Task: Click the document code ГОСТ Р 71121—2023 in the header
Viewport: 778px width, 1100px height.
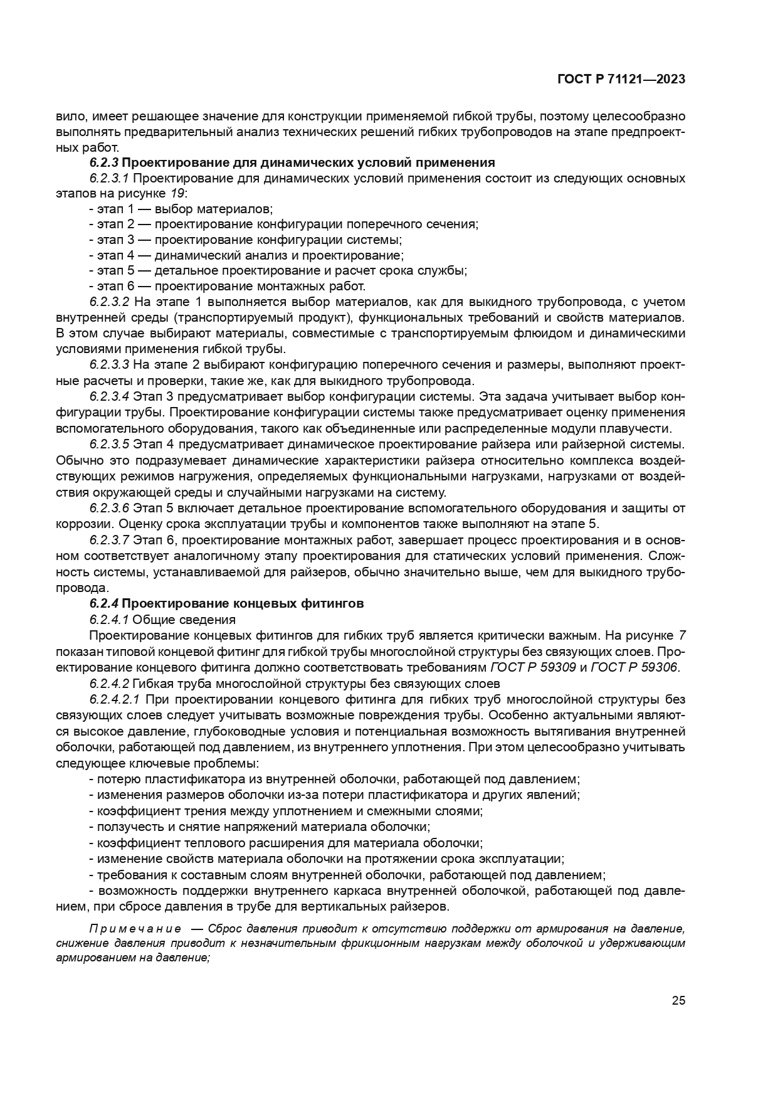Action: (x=621, y=80)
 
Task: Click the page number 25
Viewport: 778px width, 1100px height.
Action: (x=678, y=1000)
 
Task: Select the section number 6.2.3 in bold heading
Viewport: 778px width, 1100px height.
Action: (x=103, y=163)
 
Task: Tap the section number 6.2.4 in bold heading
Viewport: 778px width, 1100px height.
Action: (x=103, y=604)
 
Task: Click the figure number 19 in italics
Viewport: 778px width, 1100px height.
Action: (x=178, y=194)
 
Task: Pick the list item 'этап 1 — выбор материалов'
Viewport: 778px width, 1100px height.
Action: (x=181, y=209)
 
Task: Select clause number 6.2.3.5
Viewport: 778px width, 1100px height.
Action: (x=109, y=445)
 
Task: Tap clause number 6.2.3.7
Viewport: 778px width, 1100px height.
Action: (x=109, y=540)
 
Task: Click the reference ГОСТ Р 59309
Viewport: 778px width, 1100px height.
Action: (x=534, y=667)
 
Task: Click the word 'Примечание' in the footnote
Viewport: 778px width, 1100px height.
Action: (x=135, y=929)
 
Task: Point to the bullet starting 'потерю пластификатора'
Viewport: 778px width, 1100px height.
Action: (x=334, y=780)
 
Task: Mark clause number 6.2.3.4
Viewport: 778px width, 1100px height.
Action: (x=109, y=397)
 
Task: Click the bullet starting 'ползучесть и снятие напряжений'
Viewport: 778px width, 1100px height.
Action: (x=259, y=827)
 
